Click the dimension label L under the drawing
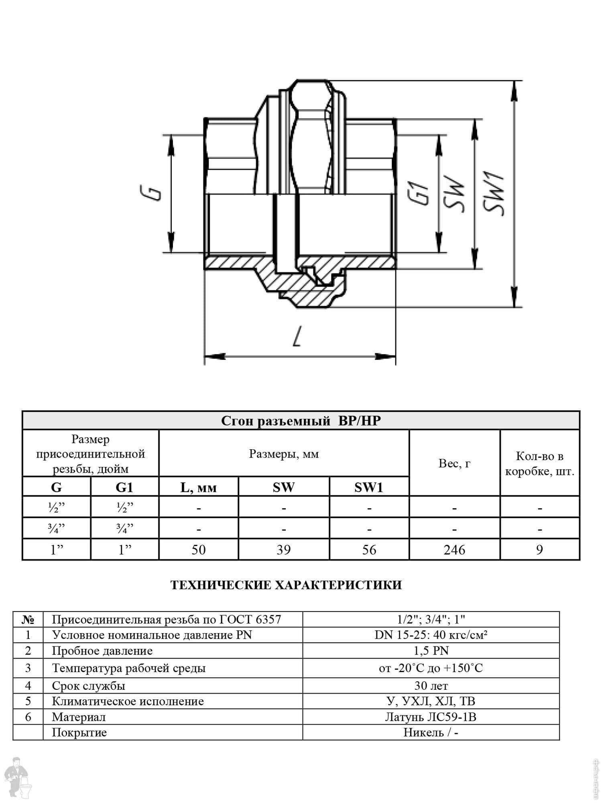coord(297,336)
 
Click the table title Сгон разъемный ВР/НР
coord(301,421)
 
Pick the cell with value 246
coord(454,550)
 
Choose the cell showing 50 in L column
coord(199,550)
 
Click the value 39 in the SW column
coord(284,550)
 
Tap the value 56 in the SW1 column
coord(369,550)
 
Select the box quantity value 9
coord(540,550)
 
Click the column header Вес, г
coord(454,463)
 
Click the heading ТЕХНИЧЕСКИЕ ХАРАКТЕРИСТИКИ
coord(286,585)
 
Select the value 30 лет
coord(431,686)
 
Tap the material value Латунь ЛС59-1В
coord(431,717)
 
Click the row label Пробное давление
coord(102,651)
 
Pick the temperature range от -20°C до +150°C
coord(431,668)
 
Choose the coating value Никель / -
coord(431,733)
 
